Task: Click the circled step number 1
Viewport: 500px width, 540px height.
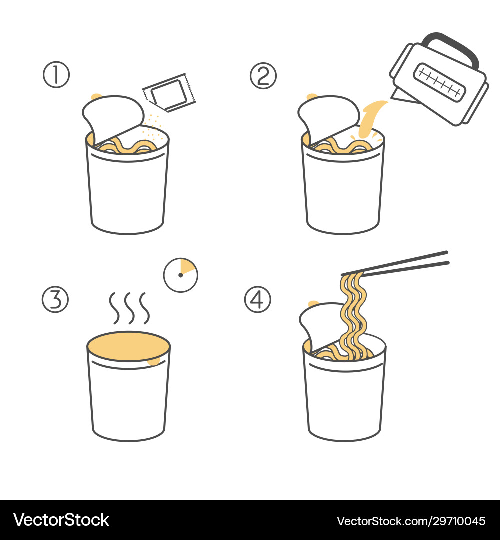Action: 56,75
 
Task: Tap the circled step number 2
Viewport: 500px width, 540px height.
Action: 263,76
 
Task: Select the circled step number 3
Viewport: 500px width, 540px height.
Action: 55,299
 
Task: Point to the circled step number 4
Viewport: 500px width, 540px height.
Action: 257,299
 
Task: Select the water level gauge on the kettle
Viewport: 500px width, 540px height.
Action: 439,81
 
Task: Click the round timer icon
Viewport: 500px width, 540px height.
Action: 181,275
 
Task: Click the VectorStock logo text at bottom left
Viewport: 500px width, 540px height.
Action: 61,520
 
